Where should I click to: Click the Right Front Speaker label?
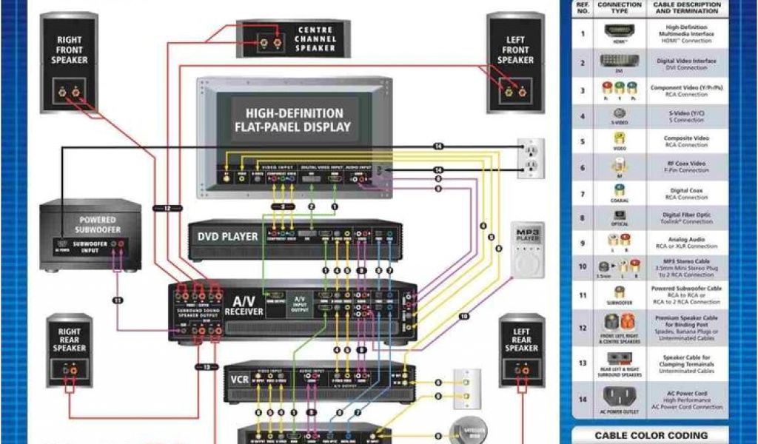pyautogui.click(x=69, y=50)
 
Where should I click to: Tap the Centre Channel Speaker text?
pyautogui.click(x=316, y=38)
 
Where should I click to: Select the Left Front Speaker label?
pyautogui.click(x=515, y=50)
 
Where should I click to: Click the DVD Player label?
pyautogui.click(x=227, y=237)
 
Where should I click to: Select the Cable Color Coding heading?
pyautogui.click(x=651, y=435)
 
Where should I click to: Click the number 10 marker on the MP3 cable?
pyautogui.click(x=463, y=316)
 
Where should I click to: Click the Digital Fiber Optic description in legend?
pyautogui.click(x=686, y=218)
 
